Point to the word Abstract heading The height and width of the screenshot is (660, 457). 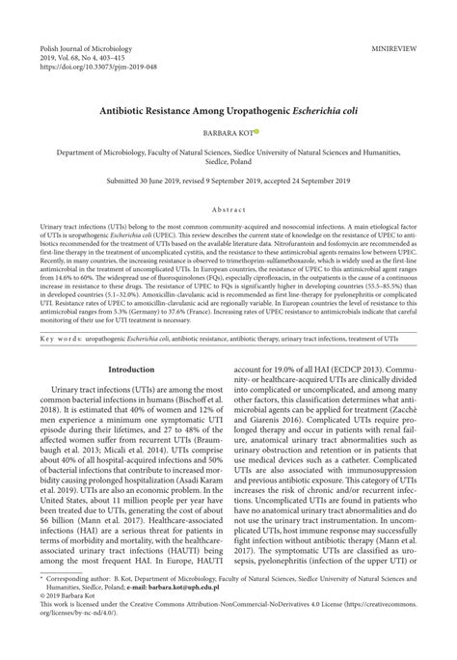(228, 207)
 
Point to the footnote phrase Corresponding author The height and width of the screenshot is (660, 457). (94, 603)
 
